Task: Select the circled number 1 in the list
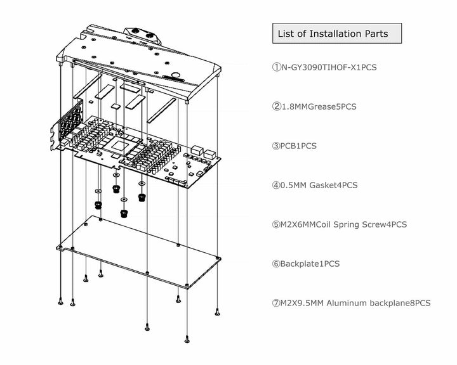(276, 67)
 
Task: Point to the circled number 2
(276, 106)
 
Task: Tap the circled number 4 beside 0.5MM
(276, 185)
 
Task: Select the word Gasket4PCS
(334, 185)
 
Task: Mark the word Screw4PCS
(387, 224)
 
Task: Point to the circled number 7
(276, 303)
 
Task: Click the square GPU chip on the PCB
(120, 146)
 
